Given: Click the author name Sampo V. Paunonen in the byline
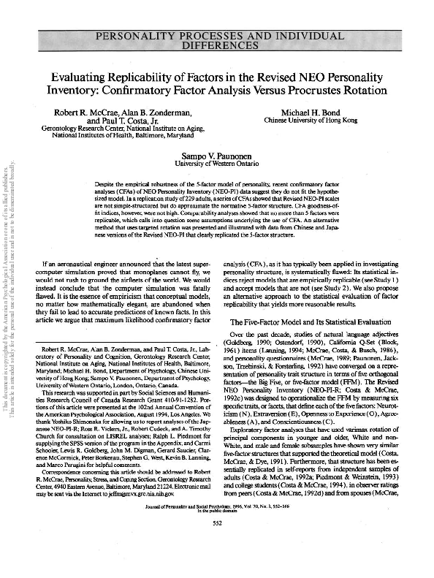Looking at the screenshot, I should click(x=217, y=156).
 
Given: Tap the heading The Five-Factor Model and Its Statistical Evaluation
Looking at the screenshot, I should click(x=307, y=322).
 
